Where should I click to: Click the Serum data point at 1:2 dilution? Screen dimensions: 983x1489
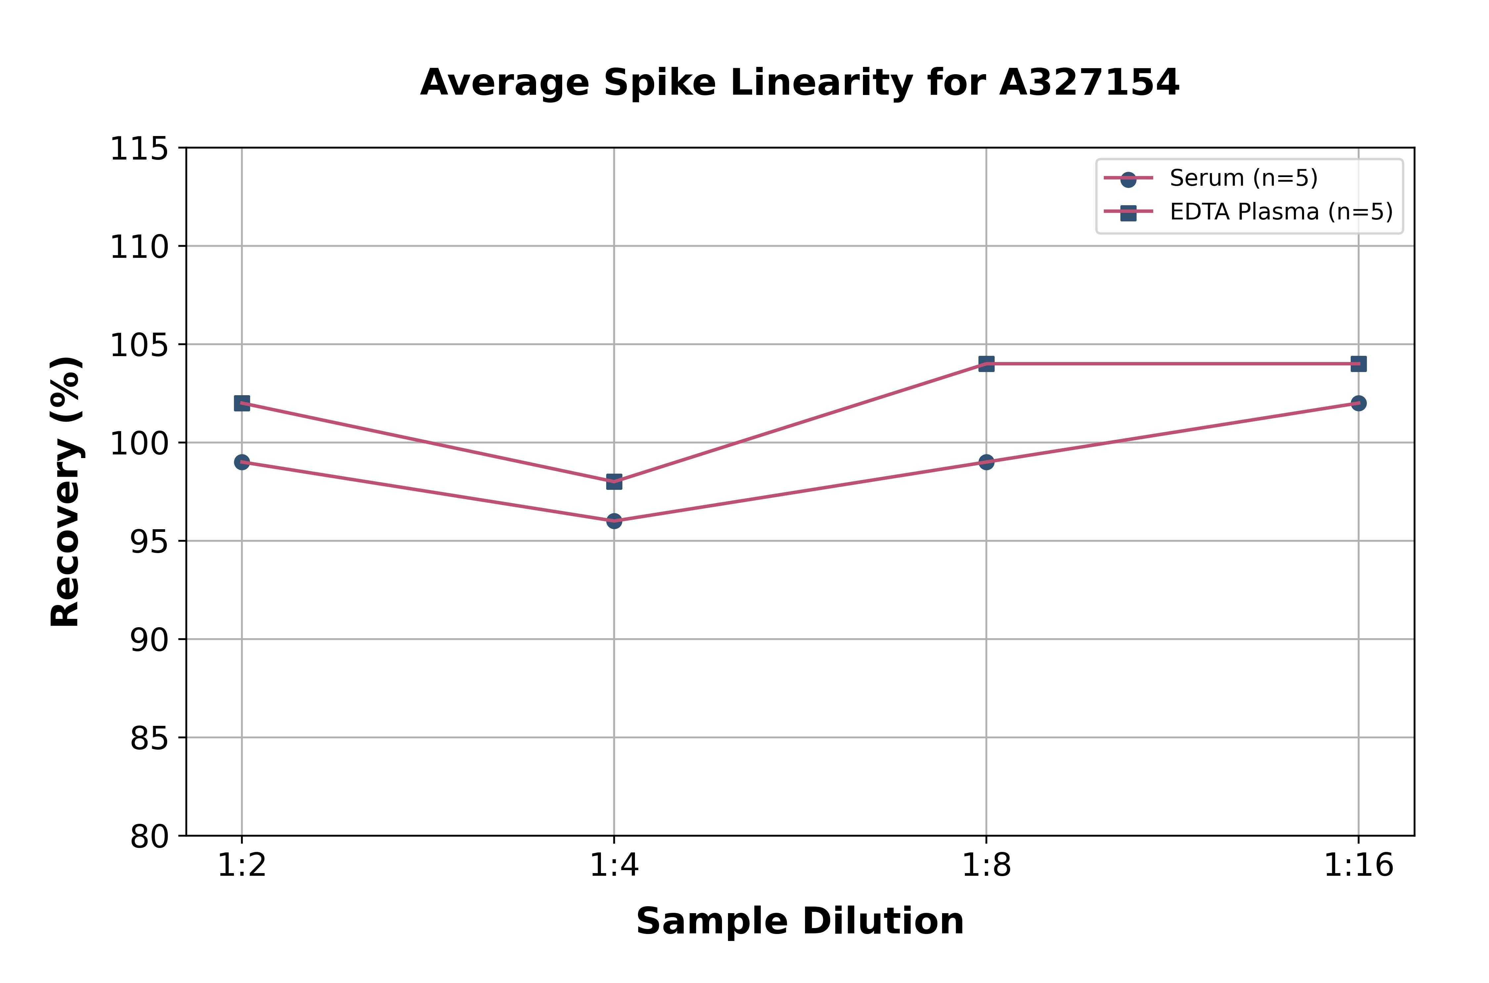(x=242, y=462)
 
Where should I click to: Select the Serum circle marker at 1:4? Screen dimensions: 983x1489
(x=614, y=521)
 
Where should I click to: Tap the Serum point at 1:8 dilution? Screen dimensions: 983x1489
(x=986, y=462)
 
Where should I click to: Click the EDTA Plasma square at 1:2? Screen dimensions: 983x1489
(x=242, y=403)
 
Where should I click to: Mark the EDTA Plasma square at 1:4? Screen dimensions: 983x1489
(x=614, y=482)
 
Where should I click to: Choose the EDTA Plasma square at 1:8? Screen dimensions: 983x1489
(x=986, y=364)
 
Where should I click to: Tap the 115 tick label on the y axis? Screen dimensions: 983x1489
(x=139, y=149)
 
